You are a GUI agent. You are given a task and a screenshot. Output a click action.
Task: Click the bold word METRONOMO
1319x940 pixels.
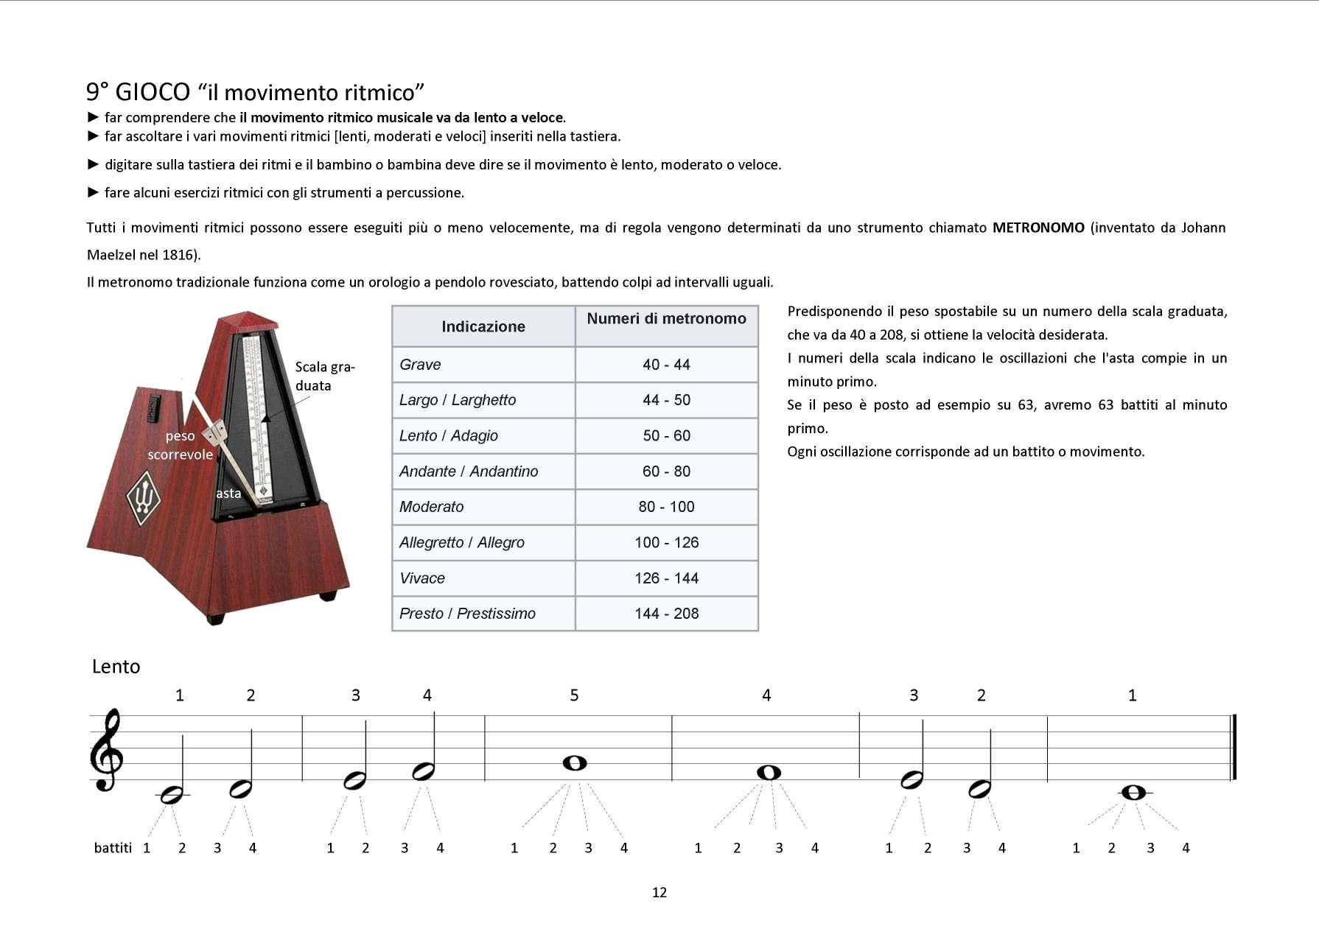tap(1038, 228)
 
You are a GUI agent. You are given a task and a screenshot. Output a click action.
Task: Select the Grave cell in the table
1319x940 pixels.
tap(420, 365)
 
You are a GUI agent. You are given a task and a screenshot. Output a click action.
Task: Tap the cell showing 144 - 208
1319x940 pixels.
tap(666, 614)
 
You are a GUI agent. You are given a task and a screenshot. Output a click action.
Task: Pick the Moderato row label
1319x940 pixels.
tap(431, 507)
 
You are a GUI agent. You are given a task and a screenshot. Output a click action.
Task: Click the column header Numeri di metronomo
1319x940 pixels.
tap(666, 319)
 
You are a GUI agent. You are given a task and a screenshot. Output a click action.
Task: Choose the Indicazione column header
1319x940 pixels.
tap(483, 326)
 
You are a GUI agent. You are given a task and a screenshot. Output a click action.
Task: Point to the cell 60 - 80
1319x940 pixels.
tap(666, 471)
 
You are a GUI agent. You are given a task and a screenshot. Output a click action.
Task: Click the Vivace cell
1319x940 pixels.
tap(422, 578)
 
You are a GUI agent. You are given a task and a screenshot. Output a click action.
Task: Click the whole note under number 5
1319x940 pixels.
tap(574, 763)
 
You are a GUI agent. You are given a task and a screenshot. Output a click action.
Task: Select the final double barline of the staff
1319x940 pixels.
tap(1233, 747)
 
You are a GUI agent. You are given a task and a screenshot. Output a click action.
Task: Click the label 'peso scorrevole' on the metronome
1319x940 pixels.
tap(180, 445)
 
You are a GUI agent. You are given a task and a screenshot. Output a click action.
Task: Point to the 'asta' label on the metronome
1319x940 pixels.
tap(228, 494)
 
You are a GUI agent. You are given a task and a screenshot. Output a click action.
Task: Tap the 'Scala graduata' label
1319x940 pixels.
tap(324, 376)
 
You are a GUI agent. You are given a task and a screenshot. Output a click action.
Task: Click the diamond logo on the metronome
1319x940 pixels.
tap(144, 499)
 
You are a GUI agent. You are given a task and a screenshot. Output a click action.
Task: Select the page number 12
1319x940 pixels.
tap(659, 892)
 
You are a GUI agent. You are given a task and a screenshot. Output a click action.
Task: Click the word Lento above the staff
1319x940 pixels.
tap(116, 667)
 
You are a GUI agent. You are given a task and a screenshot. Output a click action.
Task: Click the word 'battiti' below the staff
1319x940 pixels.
tap(113, 848)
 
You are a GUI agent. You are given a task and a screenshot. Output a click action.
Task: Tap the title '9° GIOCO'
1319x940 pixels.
tap(138, 92)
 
